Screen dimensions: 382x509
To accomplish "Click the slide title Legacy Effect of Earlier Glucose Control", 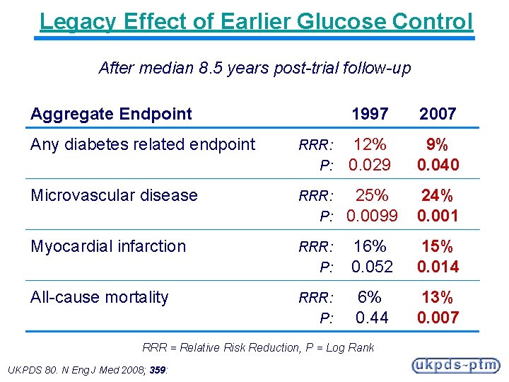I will coord(256,21).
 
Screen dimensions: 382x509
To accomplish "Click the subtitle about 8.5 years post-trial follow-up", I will coord(255,68).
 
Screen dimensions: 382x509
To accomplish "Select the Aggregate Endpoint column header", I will coord(111,113).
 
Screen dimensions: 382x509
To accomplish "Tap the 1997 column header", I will coord(370,113).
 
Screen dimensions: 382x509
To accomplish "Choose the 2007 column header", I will coord(438,113).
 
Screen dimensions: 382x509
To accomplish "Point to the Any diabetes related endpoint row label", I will coord(143,144).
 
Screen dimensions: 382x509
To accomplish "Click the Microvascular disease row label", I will coord(114,195).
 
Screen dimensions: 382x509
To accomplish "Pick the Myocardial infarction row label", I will coord(108,246).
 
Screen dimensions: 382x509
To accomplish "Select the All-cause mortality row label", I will coord(99,297).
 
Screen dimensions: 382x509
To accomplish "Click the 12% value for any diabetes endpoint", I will coord(370,144).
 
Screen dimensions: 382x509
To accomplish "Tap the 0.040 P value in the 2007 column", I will coord(438,165).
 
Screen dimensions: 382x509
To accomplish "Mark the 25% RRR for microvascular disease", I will coord(371,195).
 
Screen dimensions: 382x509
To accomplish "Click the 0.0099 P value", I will coord(372,216).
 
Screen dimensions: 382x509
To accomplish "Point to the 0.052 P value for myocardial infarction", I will coord(371,267).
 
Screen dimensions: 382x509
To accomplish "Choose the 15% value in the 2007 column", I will coord(438,246).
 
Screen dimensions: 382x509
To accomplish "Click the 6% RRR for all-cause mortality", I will coord(370,297).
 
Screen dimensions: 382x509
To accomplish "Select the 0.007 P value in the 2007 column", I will coord(438,318).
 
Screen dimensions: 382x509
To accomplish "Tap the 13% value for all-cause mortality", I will coord(438,297).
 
